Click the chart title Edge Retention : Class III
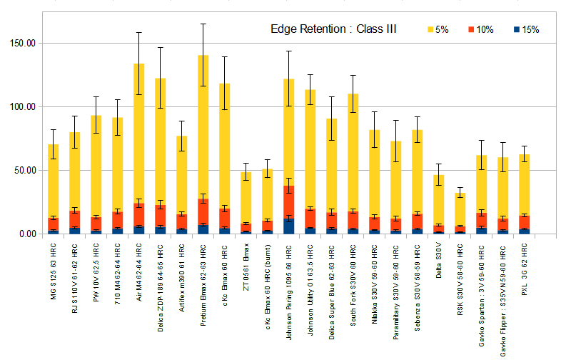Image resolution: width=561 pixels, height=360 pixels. point(333,29)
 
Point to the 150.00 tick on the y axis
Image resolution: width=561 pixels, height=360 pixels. point(21,43)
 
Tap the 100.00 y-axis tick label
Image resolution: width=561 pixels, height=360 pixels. point(21,106)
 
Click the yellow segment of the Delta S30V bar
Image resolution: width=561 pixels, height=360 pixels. point(439,200)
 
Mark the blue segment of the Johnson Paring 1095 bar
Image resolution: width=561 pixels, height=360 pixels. point(289,226)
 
